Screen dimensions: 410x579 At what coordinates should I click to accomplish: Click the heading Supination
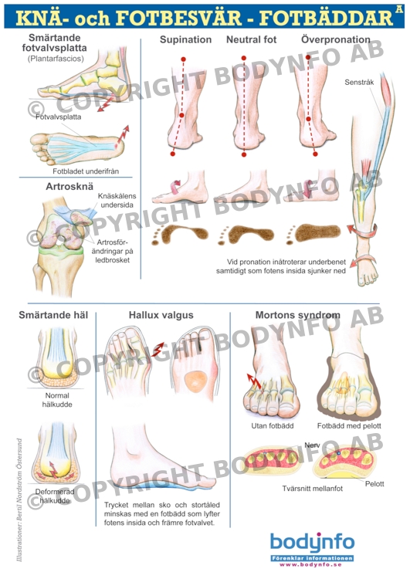185,40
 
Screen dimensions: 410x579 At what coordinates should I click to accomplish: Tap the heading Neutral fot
251,39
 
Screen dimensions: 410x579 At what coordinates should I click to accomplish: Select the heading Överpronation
335,39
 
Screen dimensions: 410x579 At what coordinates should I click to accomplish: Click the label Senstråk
359,82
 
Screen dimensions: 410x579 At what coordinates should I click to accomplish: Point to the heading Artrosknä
69,187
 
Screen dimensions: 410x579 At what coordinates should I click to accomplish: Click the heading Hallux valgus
161,315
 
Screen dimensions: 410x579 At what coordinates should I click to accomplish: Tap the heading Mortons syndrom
298,315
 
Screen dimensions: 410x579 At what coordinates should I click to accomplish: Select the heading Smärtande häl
53,315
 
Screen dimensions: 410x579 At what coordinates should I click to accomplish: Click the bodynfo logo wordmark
312,543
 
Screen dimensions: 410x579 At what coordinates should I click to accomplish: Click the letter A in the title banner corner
399,9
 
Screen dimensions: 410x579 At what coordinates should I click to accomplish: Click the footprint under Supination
180,234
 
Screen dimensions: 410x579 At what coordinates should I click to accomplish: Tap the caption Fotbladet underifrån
86,171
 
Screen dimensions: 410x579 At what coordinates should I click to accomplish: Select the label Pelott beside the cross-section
374,484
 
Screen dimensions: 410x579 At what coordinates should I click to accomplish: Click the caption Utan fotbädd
273,425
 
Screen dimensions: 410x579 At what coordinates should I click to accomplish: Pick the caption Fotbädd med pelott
349,425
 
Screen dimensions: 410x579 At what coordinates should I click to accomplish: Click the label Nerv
312,445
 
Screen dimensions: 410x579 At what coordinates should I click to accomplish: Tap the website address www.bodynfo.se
310,564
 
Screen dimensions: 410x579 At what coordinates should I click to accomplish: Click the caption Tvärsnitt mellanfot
313,489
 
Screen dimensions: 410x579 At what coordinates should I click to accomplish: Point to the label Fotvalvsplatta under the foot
59,117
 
